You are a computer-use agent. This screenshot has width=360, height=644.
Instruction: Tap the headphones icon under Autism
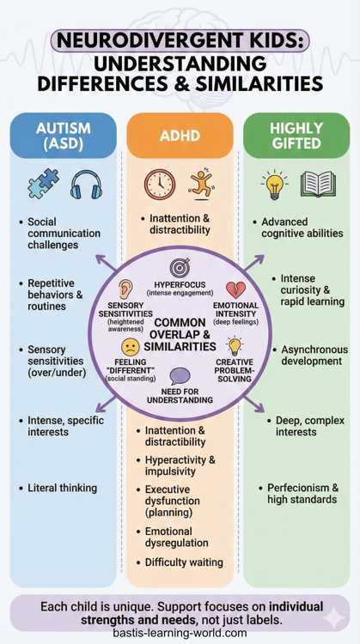coord(86,185)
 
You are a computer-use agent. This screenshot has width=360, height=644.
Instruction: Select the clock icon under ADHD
coord(159,184)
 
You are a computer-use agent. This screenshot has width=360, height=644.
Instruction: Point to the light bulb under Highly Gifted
coord(273,184)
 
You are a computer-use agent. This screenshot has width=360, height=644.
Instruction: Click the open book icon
coord(317,184)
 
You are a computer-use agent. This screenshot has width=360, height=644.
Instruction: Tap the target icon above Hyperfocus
coord(180,267)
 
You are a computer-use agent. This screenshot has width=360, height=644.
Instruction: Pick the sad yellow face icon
coord(130,347)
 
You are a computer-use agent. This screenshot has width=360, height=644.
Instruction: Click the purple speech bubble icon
coord(180,375)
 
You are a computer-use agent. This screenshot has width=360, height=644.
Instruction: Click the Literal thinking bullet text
coord(62,488)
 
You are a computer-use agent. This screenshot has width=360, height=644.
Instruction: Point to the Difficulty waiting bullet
coord(183,562)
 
